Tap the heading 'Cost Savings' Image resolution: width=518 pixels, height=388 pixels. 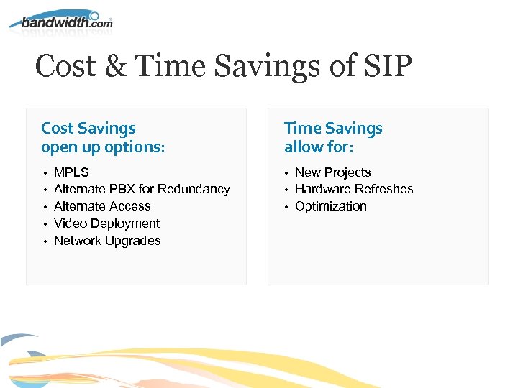(x=88, y=129)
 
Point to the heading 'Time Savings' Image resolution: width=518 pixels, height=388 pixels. (x=333, y=129)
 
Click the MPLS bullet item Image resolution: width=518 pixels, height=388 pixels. (x=71, y=172)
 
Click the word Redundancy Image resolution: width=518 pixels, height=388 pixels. (x=194, y=189)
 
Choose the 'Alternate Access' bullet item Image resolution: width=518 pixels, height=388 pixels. (x=102, y=206)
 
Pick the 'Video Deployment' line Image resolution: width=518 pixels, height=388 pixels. (x=106, y=223)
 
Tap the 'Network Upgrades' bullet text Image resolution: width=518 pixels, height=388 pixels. (x=107, y=241)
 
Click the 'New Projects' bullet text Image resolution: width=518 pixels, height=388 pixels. (x=332, y=172)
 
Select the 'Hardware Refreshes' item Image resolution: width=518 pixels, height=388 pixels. (x=354, y=189)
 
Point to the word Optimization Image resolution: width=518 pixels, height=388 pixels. (x=330, y=206)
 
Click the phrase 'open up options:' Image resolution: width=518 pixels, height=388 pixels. (x=103, y=147)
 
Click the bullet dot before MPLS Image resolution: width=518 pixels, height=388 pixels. (x=45, y=173)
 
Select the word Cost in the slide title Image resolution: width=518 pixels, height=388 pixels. (x=65, y=68)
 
